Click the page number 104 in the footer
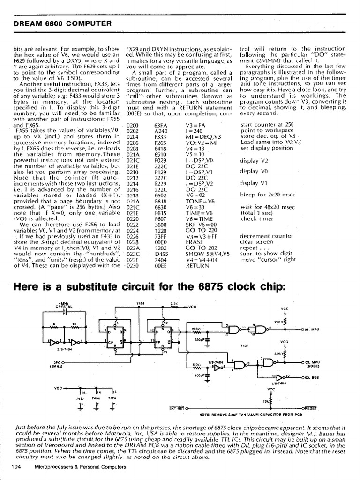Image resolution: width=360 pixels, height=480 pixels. point(16,467)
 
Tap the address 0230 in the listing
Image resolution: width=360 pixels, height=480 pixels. point(133,265)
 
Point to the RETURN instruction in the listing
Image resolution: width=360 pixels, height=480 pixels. point(197,265)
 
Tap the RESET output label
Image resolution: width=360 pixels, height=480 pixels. point(310,408)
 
